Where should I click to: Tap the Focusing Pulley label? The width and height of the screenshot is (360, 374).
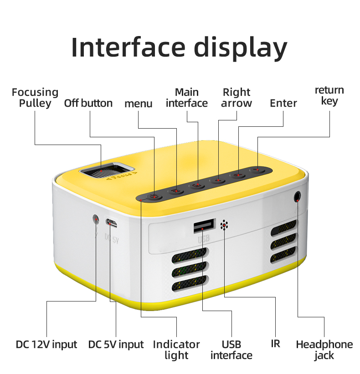[35, 98]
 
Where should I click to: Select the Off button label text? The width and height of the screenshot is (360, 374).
[88, 103]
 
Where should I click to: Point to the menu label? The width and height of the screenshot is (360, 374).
[139, 104]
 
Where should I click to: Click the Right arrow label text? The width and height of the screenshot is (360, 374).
[237, 98]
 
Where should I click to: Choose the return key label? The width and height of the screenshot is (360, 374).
[329, 95]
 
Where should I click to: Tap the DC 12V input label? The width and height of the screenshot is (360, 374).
[46, 344]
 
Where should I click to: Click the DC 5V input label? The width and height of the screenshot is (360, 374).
[116, 344]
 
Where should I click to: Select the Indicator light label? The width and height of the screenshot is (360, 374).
[176, 349]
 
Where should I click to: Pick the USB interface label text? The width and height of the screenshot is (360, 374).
[231, 349]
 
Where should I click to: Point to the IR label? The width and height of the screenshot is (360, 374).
[275, 343]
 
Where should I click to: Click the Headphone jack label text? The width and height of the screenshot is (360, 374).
[324, 349]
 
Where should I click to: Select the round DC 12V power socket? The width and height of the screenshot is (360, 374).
[96, 219]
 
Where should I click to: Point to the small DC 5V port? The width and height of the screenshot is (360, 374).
[111, 223]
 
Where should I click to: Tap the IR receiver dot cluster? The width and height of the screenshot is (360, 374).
[224, 225]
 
